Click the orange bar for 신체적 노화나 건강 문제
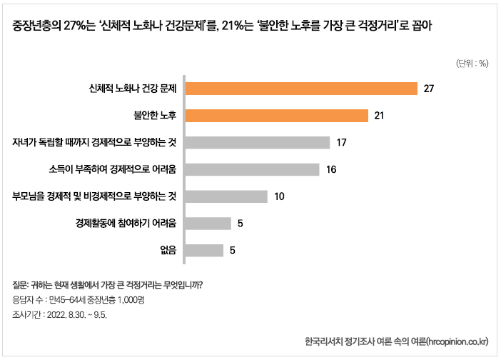(301, 89)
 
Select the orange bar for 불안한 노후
(277, 116)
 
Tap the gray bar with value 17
(258, 142)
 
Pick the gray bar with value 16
(252, 169)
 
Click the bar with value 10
(226, 196)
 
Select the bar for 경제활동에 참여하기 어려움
(208, 224)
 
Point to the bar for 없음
(205, 250)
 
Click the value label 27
(429, 89)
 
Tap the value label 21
(380, 116)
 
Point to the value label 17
(341, 142)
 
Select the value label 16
(330, 169)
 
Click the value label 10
(279, 196)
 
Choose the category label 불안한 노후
(155, 116)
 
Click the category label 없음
(168, 250)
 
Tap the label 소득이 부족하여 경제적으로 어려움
(113, 169)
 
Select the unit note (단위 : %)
(472, 63)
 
